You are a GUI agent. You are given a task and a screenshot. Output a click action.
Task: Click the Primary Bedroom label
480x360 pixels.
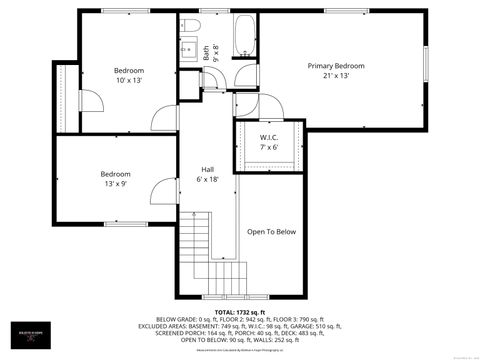(335, 66)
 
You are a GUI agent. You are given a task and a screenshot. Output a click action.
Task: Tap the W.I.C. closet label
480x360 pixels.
(268, 137)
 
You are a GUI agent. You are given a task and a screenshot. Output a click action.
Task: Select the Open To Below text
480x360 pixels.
(272, 232)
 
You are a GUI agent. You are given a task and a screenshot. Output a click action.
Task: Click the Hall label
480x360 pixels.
(207, 169)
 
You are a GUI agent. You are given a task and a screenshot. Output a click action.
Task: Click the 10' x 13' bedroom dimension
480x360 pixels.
(128, 80)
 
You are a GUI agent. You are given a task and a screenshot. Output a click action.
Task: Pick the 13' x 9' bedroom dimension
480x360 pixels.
(115, 184)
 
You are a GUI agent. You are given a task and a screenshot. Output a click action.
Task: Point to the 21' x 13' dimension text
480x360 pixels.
(335, 76)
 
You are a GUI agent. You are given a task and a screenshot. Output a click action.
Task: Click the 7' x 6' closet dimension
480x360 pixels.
(268, 147)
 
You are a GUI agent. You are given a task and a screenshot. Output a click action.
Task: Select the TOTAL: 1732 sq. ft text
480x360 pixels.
(239, 312)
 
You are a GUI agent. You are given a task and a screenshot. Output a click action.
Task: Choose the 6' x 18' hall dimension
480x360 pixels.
(207, 179)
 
